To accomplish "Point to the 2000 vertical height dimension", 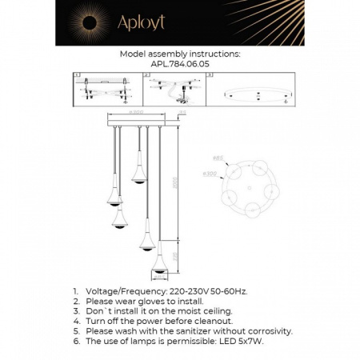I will click(183, 185).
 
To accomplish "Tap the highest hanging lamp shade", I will click(137, 177).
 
